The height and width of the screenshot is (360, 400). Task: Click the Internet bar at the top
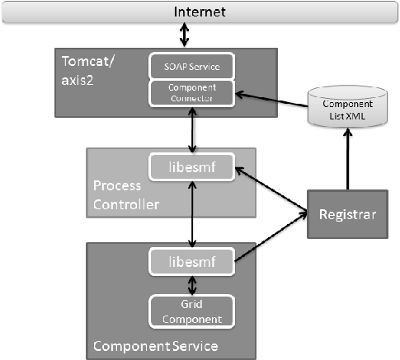coord(200,12)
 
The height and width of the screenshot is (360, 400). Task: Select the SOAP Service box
coord(192,66)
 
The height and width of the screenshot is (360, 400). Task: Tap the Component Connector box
coord(192,92)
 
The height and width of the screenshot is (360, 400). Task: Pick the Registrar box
coord(346,214)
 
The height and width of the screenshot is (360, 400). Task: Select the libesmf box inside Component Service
coord(192,261)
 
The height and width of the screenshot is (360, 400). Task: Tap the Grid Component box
coord(192,310)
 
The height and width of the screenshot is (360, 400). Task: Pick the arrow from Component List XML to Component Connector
coord(272,95)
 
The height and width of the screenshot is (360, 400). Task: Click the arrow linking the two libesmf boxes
coord(192,215)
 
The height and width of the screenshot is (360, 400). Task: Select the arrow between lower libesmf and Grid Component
coord(192,284)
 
